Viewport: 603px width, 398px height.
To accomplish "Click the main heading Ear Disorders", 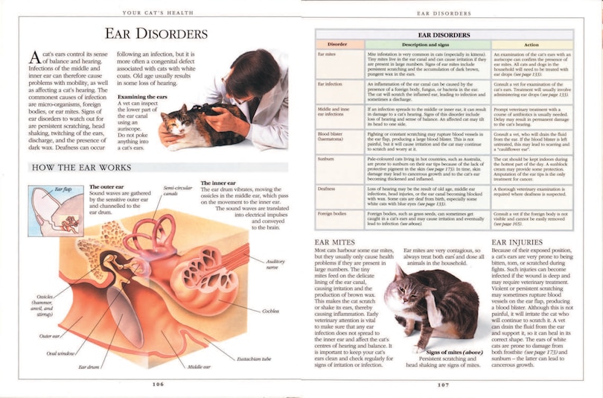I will [156, 34].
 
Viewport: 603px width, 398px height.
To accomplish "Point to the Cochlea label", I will [270, 311].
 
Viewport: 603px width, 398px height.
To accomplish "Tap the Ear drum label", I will [89, 367].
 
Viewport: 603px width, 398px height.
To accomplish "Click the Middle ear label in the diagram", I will [199, 367].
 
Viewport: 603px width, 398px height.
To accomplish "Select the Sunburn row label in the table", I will [327, 159].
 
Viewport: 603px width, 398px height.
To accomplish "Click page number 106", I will [156, 384].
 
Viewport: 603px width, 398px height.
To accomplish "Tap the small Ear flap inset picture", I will [55, 211].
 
